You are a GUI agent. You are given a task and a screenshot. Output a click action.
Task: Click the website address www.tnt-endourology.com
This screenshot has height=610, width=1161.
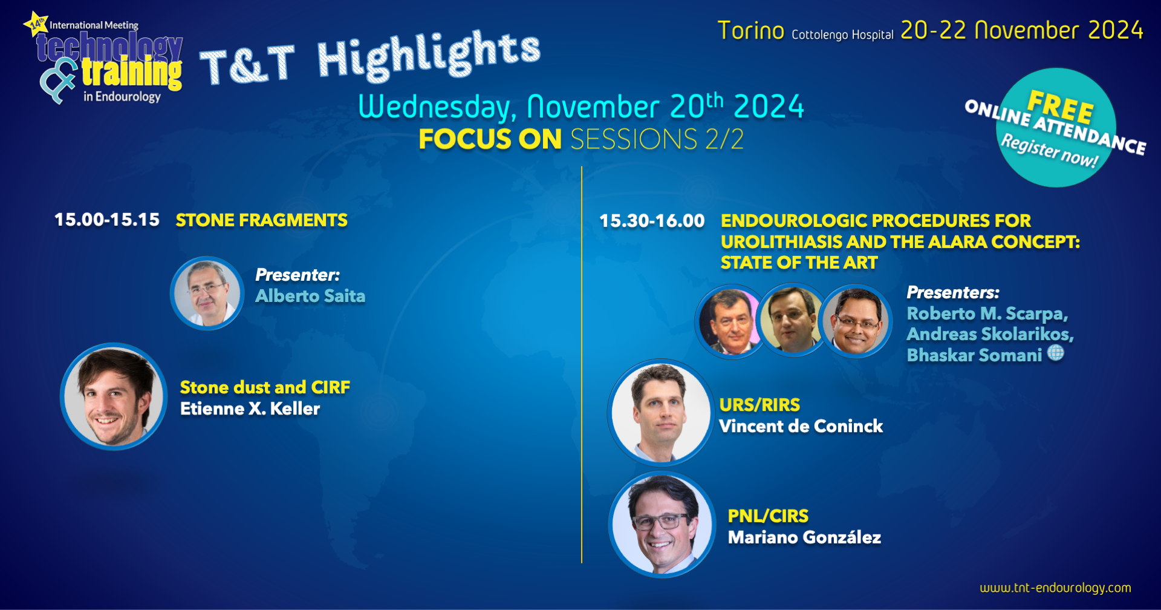coord(1055,588)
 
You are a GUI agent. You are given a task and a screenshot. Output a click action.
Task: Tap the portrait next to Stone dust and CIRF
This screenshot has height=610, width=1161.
coord(114,396)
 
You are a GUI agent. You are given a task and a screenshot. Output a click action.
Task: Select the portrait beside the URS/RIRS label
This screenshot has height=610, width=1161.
coord(661,413)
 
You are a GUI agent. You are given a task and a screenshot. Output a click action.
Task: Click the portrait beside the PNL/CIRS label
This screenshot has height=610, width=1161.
coord(662,524)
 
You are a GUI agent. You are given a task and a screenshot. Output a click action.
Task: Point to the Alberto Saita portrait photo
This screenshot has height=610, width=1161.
coord(207,293)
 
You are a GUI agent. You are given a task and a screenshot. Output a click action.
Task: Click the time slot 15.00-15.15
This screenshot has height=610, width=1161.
coord(107,220)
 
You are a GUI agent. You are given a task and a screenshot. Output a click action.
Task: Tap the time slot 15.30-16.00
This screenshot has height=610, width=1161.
coord(652,221)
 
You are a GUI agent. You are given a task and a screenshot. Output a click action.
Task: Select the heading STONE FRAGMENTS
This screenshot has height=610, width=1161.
coord(261,220)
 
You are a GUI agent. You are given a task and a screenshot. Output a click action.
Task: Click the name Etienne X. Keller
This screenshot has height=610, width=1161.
coord(250,409)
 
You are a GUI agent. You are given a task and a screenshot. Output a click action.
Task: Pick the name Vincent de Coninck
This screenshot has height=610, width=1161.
coord(801,427)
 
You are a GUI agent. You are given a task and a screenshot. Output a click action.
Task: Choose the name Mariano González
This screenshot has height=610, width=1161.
coord(804,537)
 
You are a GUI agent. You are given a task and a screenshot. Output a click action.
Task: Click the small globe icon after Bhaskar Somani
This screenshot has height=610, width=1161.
coord(1056,353)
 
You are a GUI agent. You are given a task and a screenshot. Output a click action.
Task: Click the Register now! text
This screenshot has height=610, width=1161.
coord(1049,151)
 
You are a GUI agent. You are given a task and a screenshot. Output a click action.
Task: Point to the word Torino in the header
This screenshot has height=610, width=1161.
coord(751,31)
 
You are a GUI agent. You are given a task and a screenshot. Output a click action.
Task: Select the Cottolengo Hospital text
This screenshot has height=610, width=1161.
coord(842,35)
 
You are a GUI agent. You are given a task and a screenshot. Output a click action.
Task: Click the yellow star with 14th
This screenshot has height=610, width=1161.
coord(36,24)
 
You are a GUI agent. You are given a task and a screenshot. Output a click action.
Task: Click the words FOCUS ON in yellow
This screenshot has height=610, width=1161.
coord(490,139)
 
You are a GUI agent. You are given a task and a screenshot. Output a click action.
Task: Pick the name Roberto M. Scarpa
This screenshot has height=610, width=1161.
coord(987,314)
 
